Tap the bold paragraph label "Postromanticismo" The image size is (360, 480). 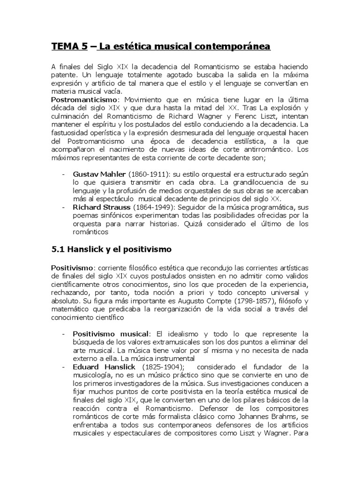(82, 100)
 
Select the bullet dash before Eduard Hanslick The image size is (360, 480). (63, 367)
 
